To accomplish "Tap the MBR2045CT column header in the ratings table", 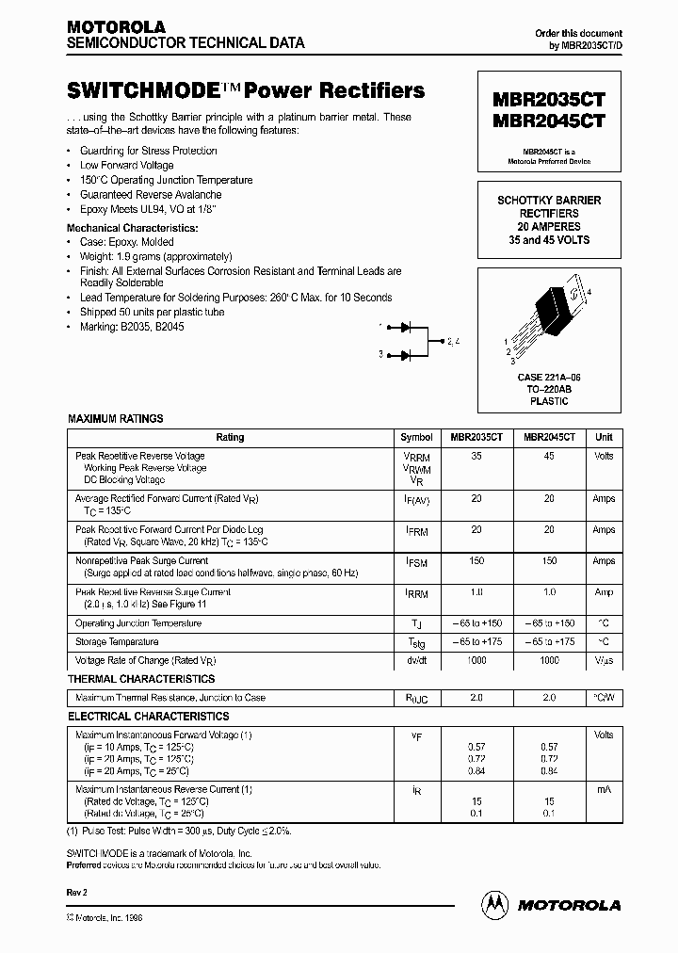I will (x=549, y=438).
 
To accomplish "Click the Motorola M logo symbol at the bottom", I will (x=493, y=904).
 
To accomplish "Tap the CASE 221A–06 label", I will (x=549, y=377).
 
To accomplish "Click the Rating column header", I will (x=230, y=438).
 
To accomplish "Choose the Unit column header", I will (x=604, y=438).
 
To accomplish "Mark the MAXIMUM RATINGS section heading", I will (x=115, y=418).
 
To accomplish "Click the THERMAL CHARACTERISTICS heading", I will (x=140, y=679).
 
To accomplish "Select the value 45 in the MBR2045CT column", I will (x=549, y=456).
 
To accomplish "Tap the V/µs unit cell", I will (x=604, y=661).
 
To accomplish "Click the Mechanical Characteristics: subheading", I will (x=132, y=228).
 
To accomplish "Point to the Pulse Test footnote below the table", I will (x=179, y=832).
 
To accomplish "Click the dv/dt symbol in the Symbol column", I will (x=416, y=661).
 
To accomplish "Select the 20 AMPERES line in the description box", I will (x=549, y=227).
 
